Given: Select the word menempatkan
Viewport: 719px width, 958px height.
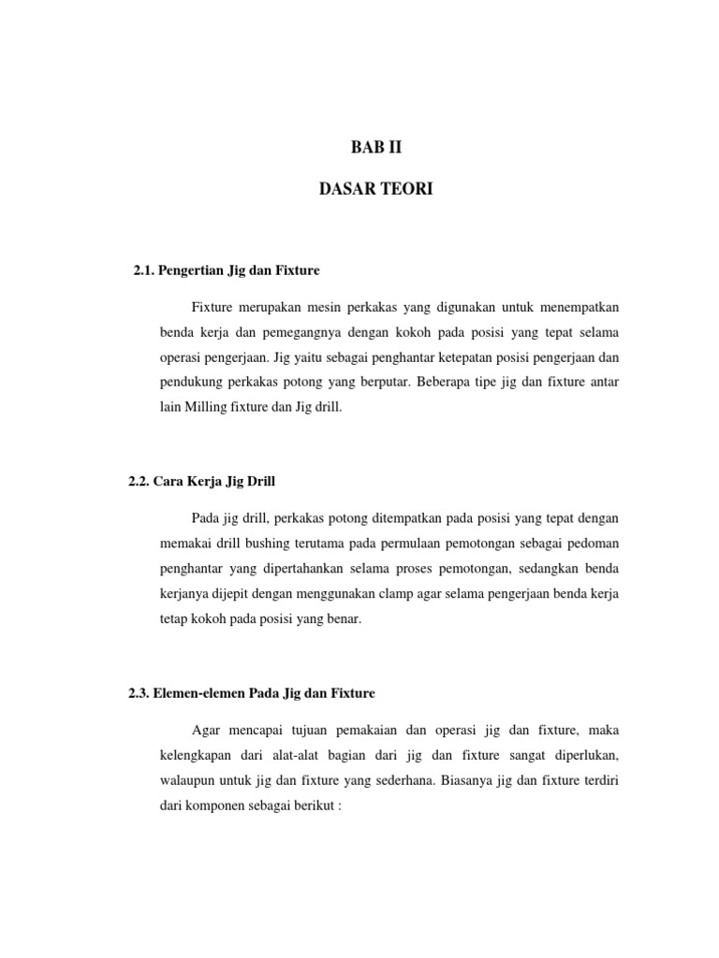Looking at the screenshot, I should point(573,308).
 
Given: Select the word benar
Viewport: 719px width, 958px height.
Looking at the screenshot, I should point(340,619).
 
